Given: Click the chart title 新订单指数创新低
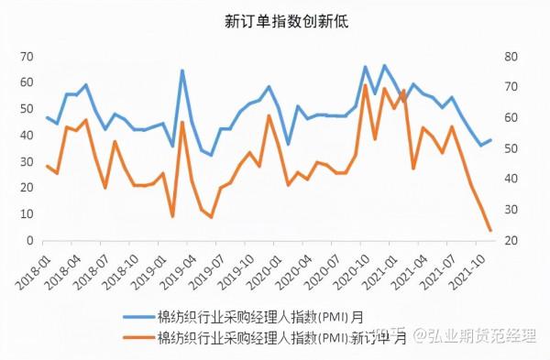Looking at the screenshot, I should [275, 20].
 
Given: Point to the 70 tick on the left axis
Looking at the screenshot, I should [26, 57].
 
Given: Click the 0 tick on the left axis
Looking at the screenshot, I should [29, 241].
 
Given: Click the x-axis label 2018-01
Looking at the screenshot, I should [33, 266].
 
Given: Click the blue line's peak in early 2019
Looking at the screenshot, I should [181, 71].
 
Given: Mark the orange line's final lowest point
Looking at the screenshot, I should [489, 230].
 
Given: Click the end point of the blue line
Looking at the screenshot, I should [490, 140].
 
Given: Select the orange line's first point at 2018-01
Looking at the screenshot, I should [47, 166].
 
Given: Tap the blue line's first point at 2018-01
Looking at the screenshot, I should [47, 117].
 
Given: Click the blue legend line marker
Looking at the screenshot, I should [137, 317].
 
